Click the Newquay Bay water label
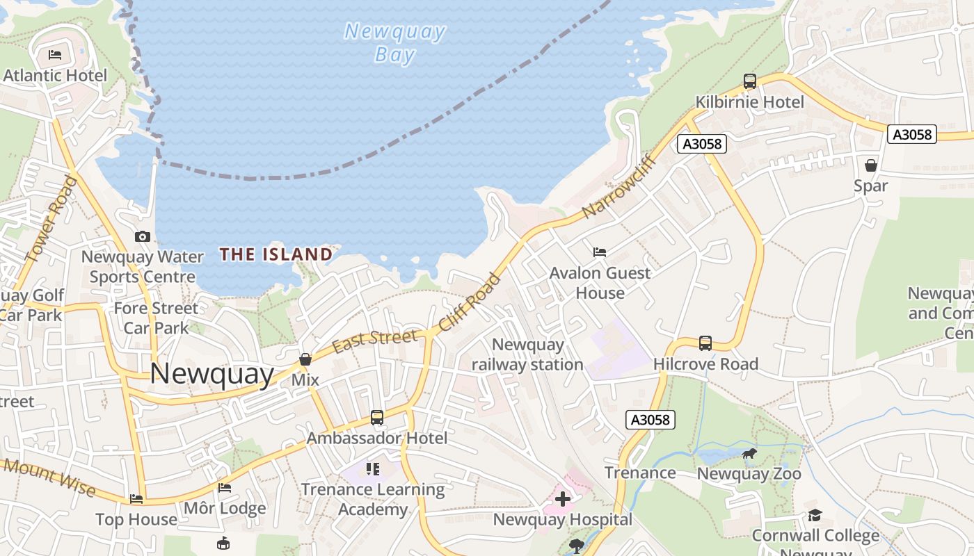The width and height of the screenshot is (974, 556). point(394,42)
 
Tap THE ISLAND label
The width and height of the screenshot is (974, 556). point(276,254)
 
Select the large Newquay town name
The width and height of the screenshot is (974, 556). point(212,374)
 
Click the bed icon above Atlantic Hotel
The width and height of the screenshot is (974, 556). point(55,55)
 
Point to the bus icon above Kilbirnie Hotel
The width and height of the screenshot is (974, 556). point(749,81)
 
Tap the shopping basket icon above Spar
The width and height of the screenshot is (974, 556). point(870,165)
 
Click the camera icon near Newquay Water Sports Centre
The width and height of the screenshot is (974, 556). point(143,236)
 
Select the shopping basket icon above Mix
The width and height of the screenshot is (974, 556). point(305,359)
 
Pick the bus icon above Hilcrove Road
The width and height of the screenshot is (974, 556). point(705,343)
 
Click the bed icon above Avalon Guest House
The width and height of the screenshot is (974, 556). point(600,252)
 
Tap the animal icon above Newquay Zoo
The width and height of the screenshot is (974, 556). point(749,455)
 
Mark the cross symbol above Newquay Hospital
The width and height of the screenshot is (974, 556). point(562,499)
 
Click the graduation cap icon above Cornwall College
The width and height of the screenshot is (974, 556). point(815,515)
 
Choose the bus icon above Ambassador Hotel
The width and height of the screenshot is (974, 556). point(376,418)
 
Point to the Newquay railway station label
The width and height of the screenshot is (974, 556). point(527,354)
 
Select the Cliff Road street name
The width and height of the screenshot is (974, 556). point(470,302)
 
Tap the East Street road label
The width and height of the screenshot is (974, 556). point(375,341)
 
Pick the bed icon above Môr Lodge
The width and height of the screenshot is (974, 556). point(224,488)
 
